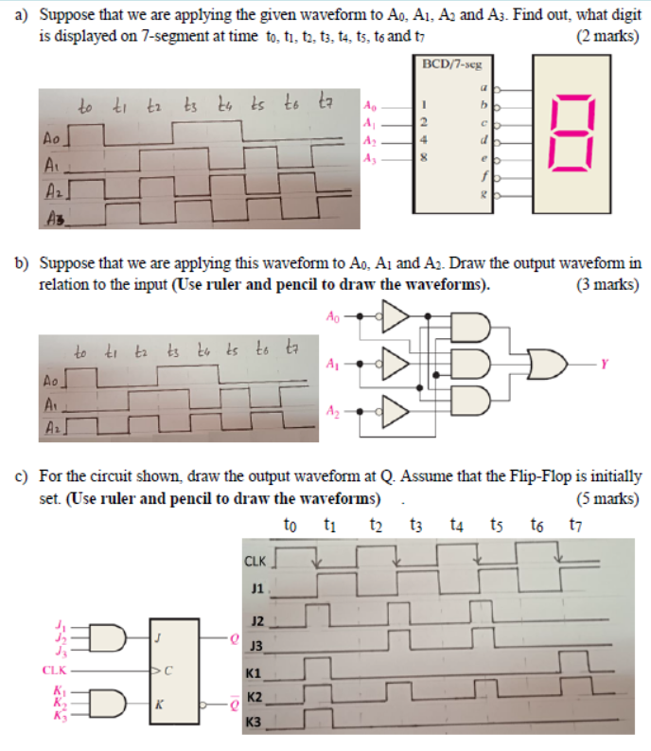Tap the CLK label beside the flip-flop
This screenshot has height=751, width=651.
coord(55,671)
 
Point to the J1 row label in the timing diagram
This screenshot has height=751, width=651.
coord(253,588)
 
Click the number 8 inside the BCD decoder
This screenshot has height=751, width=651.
coord(426,159)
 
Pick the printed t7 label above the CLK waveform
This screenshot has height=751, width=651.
coord(576,525)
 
